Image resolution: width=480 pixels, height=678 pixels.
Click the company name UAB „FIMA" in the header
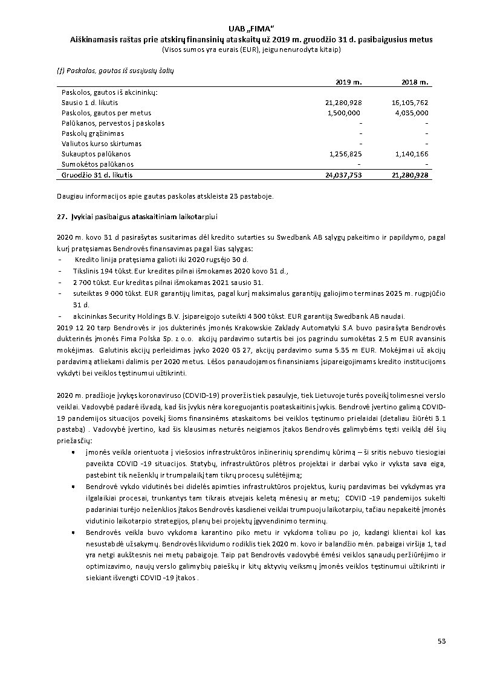pos(252,28)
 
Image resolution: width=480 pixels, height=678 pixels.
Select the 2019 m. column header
pos(349,82)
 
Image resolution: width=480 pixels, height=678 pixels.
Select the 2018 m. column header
pos(415,82)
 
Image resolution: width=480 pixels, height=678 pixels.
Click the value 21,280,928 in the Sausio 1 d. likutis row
pos(343,103)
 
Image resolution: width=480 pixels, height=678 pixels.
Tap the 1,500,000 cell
pos(344,113)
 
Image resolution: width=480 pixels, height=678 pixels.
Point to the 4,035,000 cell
pos(411,113)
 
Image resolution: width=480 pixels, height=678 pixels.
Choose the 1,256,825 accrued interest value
pos(345,154)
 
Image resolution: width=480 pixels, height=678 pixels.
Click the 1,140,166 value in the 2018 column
pos(411,154)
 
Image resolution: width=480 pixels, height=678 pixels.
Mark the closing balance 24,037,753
pos(343,174)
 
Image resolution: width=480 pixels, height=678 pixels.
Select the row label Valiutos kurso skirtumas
pos(102,144)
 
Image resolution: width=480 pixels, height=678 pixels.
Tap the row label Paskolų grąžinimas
pos(92,133)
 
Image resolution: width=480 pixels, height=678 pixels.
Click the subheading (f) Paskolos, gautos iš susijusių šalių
pos(115,71)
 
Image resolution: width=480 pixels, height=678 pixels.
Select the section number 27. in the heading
pos(61,216)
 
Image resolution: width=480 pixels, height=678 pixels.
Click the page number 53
pos(441,641)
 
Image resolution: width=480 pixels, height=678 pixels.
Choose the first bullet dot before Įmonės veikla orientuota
pos(73,452)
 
